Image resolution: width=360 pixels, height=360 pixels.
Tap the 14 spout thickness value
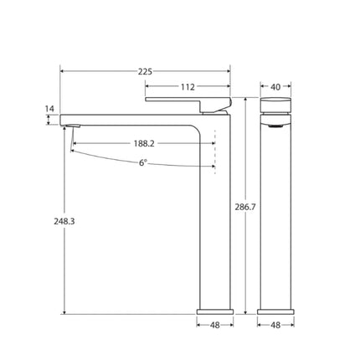pos(49,109)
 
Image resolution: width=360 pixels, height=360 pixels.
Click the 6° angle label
pos(144,162)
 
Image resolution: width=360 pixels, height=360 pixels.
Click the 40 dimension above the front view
pos(275,86)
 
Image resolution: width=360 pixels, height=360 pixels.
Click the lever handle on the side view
pos(188,101)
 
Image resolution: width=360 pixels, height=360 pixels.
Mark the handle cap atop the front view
pos(275,103)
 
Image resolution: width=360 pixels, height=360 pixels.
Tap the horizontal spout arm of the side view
pos(126,116)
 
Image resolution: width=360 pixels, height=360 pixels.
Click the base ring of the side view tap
pos(215,311)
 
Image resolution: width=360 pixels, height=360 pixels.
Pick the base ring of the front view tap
pos(275,311)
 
